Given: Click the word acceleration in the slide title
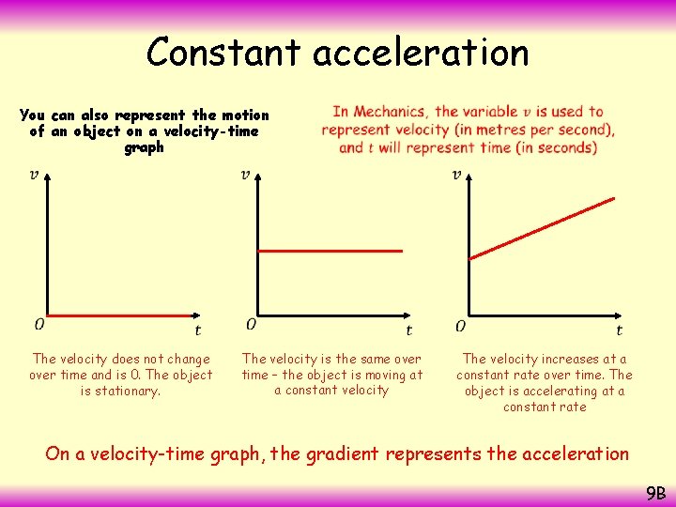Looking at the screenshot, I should pos(422,53).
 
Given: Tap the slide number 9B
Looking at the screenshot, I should pos(655,492).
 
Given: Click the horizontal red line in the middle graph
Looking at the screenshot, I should pos(330,251).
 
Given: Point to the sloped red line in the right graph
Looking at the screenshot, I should pos(542,227).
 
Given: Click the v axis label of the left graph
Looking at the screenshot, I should pos(35,175).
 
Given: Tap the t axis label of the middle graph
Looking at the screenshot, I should pos(408,330).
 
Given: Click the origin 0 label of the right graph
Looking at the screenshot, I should pos(460,326).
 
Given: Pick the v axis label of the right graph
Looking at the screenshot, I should pos(457,175).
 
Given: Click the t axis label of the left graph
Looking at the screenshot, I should pos(197,330).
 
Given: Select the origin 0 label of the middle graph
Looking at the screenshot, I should pos(251,324).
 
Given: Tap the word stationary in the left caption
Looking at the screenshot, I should pos(131,391).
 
